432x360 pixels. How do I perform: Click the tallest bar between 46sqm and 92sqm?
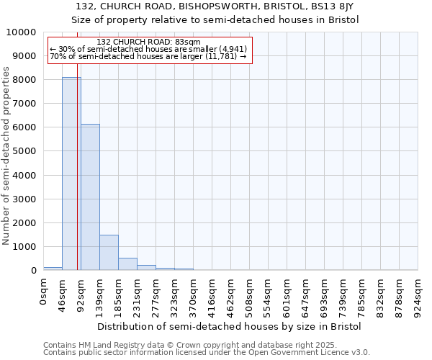click(71, 174)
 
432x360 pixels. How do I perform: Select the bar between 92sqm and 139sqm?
click(90, 197)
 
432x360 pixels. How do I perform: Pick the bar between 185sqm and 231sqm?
click(127, 264)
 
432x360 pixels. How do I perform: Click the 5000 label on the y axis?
click(24, 151)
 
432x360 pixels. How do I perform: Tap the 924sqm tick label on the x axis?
click(418, 294)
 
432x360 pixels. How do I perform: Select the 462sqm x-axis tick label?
click(230, 294)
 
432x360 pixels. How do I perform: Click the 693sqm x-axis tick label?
click(324, 294)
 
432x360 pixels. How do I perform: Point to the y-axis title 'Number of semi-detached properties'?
click(6, 156)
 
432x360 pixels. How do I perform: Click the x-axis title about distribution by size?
click(230, 326)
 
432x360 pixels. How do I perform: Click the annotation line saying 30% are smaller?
click(148, 50)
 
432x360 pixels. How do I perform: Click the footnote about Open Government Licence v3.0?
click(206, 353)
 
